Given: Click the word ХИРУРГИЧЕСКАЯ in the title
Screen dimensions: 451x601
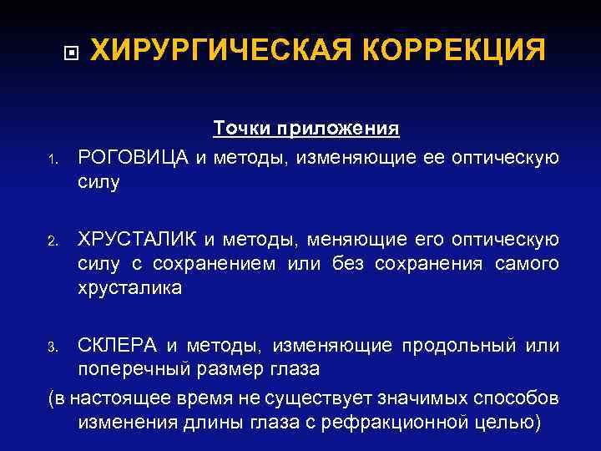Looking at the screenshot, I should coord(220,50).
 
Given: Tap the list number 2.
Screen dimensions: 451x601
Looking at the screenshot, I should coord(51,243).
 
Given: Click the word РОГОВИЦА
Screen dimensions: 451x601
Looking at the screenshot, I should coord(134,158).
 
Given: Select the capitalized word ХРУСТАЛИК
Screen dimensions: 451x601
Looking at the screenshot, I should coord(138,241).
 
